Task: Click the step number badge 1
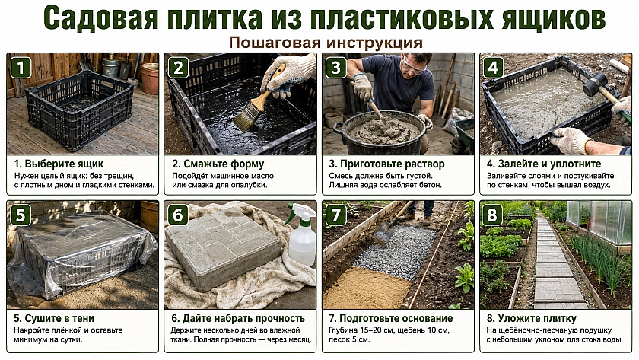21,67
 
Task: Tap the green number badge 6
178,215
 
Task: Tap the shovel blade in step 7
384,233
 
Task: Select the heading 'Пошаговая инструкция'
325,43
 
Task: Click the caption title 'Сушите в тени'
59,318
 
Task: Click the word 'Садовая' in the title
100,18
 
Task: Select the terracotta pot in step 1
150,78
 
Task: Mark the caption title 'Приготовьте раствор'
392,164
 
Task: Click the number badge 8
493,215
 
